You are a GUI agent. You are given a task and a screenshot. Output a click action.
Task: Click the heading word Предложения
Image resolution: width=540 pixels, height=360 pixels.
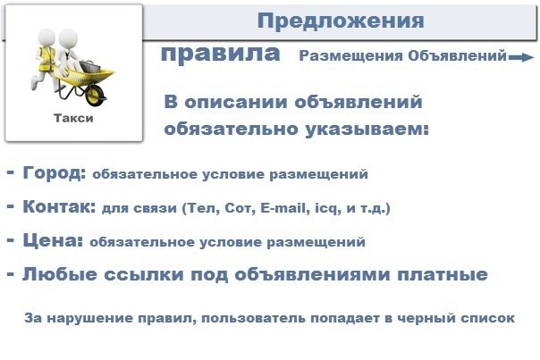click(341, 21)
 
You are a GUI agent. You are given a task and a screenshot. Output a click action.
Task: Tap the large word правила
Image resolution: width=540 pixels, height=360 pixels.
click(221, 54)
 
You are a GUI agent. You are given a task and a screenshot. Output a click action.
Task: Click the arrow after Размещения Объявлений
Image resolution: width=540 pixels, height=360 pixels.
click(521, 57)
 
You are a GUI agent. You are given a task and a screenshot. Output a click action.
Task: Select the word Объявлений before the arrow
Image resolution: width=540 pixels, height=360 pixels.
click(458, 55)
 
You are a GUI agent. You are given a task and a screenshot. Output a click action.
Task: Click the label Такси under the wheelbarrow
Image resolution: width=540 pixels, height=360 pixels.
click(73, 118)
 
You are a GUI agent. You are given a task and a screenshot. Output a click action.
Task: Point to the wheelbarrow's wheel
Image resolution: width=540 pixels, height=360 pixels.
click(95, 95)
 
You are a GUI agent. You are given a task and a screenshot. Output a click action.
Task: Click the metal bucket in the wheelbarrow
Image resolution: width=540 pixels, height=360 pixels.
click(89, 66)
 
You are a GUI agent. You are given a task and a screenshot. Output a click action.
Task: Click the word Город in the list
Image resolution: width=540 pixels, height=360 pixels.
click(55, 172)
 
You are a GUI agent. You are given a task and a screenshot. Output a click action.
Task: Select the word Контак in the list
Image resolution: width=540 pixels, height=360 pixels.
click(59, 206)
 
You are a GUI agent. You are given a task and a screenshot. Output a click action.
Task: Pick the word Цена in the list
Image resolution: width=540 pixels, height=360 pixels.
click(53, 240)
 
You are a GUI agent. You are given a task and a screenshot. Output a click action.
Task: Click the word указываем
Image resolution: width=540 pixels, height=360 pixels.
click(367, 130)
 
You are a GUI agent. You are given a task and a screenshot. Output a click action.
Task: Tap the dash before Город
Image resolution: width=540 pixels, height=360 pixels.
click(11, 172)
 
